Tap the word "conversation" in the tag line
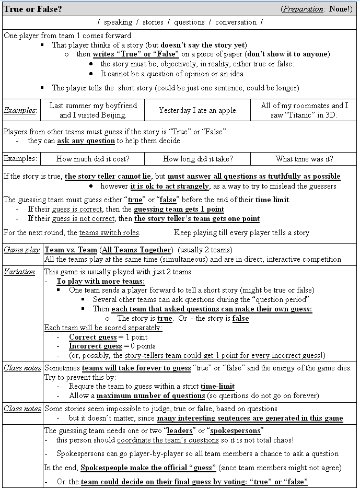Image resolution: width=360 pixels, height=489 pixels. coord(236,22)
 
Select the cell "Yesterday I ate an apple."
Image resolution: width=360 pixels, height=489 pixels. coord(198,110)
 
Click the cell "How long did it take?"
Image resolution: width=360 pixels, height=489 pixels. coord(198,159)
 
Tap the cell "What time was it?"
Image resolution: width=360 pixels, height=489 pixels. coord(304,159)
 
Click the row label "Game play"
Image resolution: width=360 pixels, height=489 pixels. coord(22,250)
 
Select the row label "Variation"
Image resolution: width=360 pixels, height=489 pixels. coord(19,272)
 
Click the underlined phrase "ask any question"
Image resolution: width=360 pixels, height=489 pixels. coord(86,141)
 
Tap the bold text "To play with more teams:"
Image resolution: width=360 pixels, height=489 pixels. coord(101,281)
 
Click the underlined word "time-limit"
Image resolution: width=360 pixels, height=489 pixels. coord(217,387)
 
